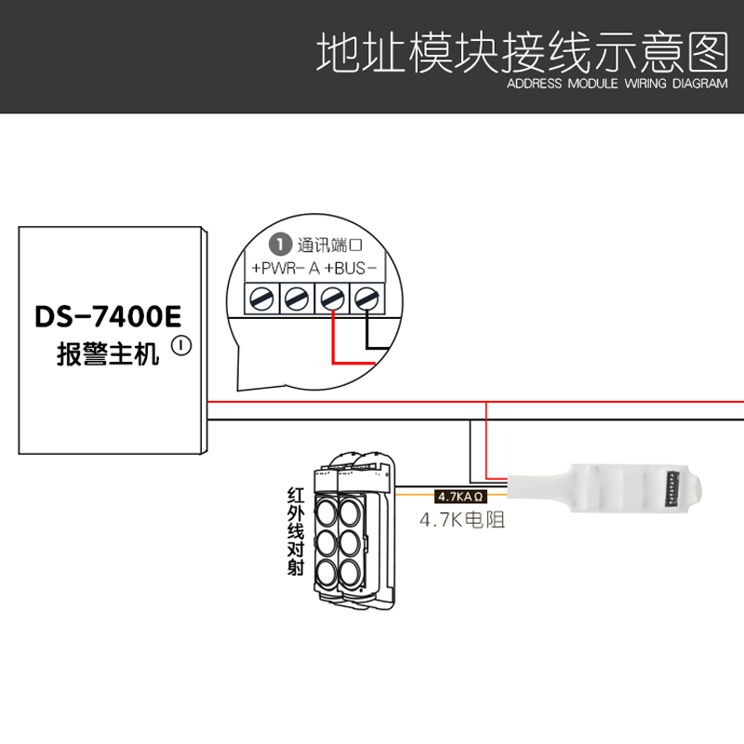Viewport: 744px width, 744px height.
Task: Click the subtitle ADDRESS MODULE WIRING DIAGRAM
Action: pos(617,83)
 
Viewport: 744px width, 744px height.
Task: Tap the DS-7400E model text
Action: pos(108,316)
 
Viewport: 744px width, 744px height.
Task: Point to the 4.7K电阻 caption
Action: pos(462,520)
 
